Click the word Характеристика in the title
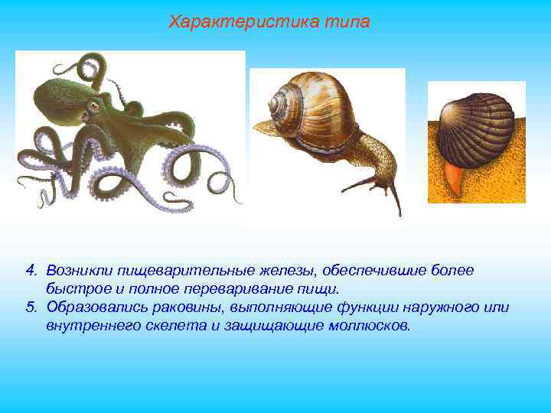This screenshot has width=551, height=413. point(233,21)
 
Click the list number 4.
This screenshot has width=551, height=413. point(31,270)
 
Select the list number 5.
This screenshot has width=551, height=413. point(31,307)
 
